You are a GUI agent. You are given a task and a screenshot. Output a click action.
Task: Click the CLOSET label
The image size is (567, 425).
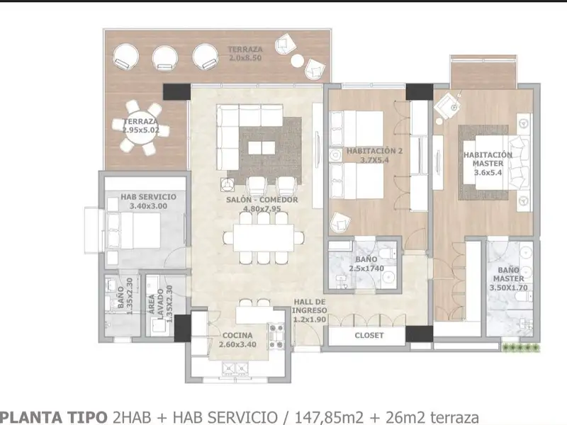click(369, 335)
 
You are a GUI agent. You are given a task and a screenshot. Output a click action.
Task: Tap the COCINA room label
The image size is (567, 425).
click(237, 335)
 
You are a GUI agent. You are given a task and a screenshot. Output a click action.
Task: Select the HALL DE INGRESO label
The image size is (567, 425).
click(309, 306)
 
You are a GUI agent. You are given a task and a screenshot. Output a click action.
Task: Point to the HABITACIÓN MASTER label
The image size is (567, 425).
click(488, 159)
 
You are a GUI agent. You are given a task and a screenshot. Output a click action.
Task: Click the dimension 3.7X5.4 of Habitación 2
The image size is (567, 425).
click(374, 160)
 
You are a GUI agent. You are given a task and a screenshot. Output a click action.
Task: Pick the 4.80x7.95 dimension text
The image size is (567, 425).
click(262, 208)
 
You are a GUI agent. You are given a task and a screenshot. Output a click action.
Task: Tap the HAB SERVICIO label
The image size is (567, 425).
click(148, 197)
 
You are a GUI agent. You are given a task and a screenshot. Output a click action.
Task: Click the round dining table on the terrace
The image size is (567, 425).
click(140, 127)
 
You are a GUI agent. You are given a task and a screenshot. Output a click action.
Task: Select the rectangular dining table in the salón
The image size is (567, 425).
click(263, 237)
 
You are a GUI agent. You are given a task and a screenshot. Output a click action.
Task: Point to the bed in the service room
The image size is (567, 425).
click(134, 230)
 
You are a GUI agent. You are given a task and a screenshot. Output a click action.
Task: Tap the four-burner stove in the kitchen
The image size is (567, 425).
click(276, 336)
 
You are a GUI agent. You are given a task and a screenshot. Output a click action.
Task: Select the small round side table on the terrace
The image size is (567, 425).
click(297, 60)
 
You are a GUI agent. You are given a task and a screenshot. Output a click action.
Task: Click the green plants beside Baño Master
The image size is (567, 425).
click(521, 348)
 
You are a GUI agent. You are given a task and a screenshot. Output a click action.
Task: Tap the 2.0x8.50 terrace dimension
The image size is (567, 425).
click(245, 58)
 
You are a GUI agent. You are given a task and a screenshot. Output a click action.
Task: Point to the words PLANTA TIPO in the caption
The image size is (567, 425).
click(54, 417)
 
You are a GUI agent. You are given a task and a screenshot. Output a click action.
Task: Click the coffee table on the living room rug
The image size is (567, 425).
click(262, 148)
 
